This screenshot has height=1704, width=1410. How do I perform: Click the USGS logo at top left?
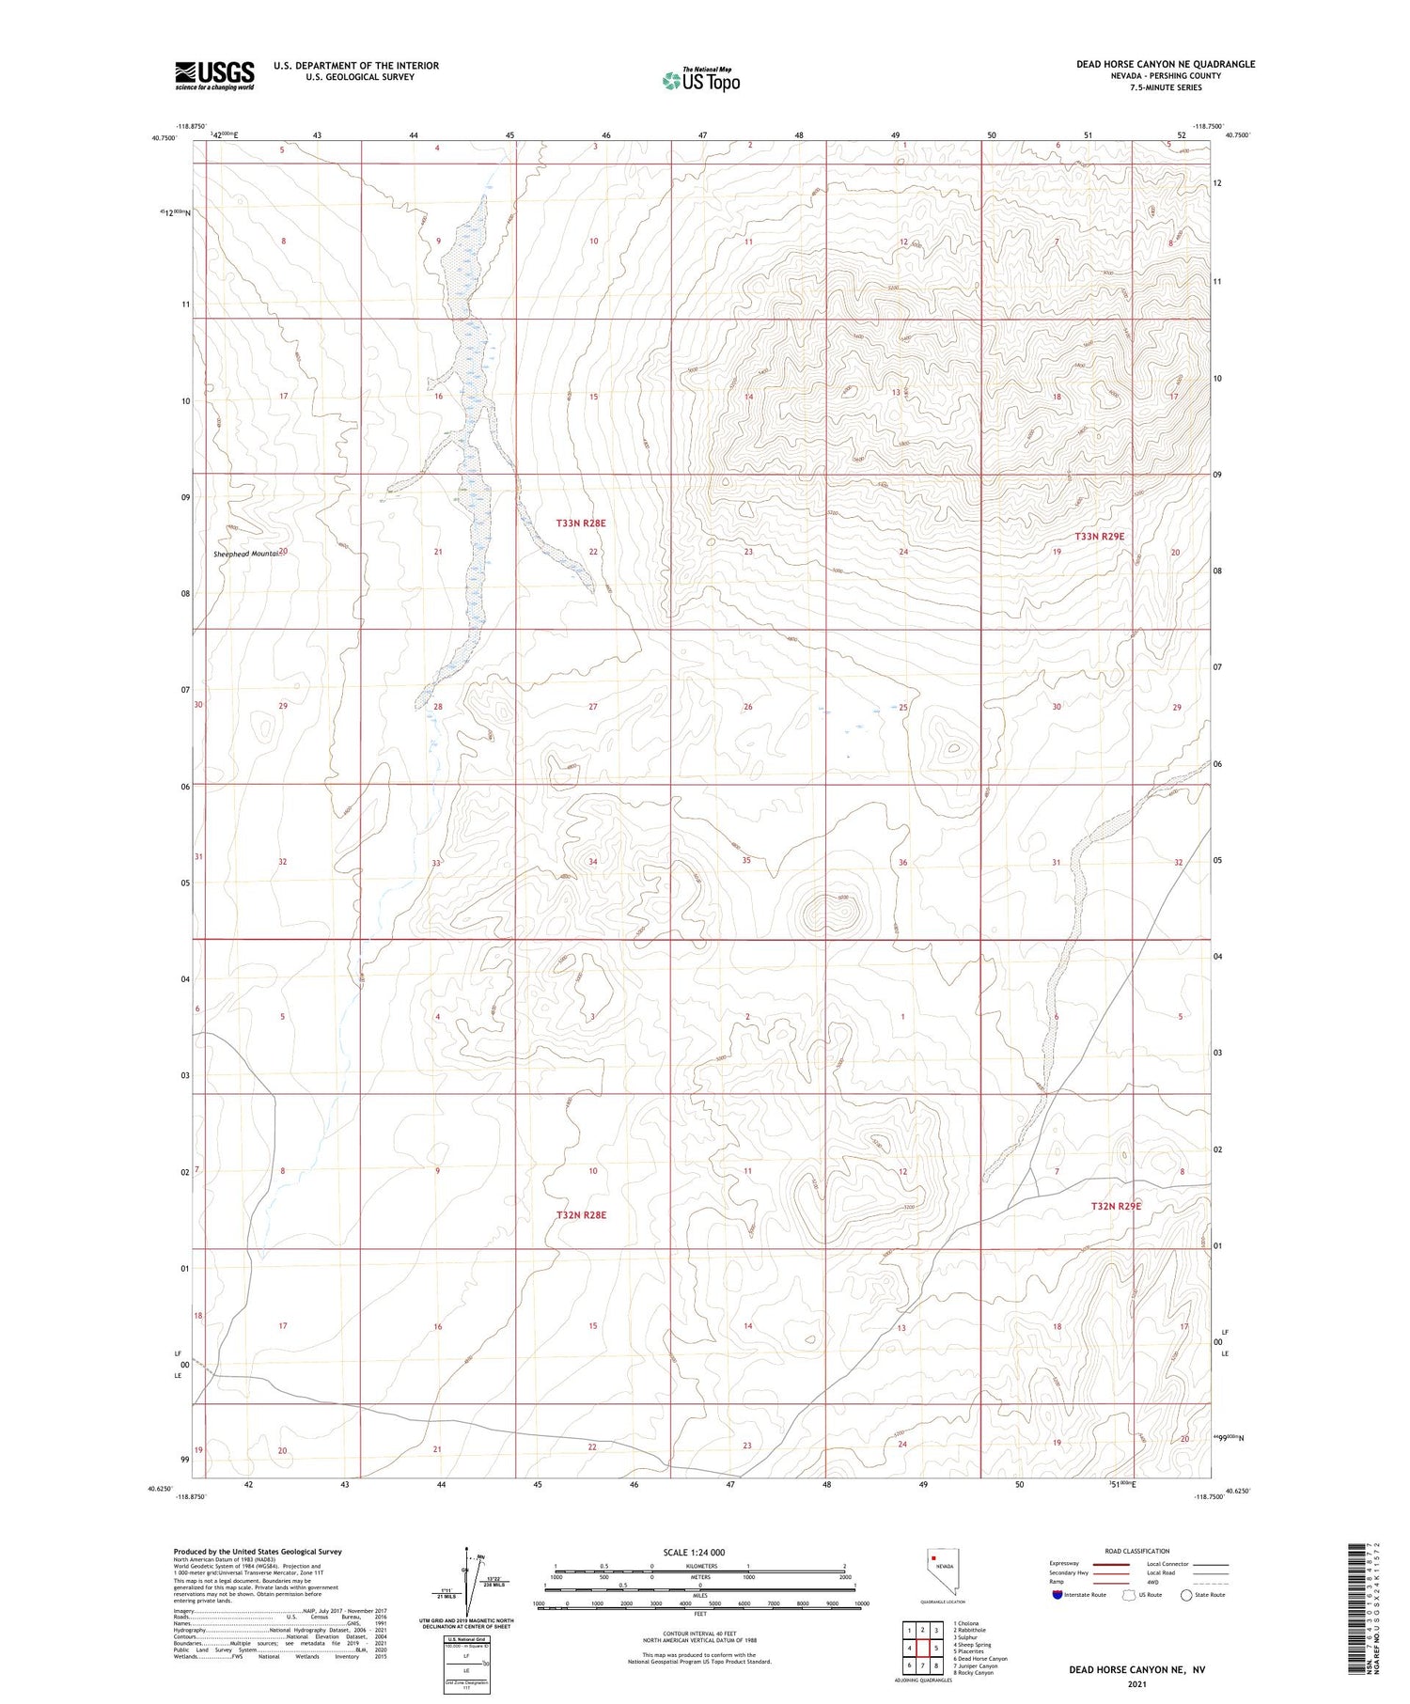(214, 75)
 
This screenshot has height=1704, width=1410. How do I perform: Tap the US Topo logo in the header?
(700, 81)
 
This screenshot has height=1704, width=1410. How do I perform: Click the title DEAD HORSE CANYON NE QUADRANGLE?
(1166, 64)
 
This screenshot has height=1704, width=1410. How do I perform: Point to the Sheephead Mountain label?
(247, 554)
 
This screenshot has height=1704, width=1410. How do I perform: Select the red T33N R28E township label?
(581, 523)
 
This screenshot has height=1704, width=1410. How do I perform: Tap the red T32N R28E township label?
(581, 1215)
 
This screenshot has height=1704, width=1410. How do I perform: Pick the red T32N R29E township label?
(1116, 1205)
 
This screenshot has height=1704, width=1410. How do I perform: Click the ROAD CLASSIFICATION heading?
(1137, 1551)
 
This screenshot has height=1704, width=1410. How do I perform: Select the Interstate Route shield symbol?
(1057, 1595)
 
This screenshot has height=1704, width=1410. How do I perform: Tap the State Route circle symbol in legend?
(1186, 1595)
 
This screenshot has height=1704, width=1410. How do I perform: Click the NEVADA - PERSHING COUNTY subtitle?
(1166, 76)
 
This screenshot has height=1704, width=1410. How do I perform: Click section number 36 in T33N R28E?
(902, 863)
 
